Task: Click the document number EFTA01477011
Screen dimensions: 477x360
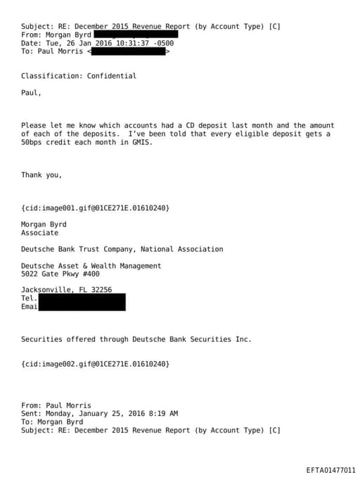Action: point(330,470)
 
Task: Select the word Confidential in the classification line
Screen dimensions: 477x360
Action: point(112,76)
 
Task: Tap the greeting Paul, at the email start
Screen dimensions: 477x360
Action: point(31,92)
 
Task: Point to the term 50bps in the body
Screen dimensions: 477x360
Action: point(32,141)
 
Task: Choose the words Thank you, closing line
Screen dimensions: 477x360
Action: point(41,174)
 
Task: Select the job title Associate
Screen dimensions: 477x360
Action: point(39,233)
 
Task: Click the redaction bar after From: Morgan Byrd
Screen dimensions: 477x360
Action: point(135,34)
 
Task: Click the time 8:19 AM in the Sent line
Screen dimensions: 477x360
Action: point(164,414)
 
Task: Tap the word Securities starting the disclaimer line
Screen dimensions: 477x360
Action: point(41,339)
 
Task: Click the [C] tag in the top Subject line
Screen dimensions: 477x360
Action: point(274,26)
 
